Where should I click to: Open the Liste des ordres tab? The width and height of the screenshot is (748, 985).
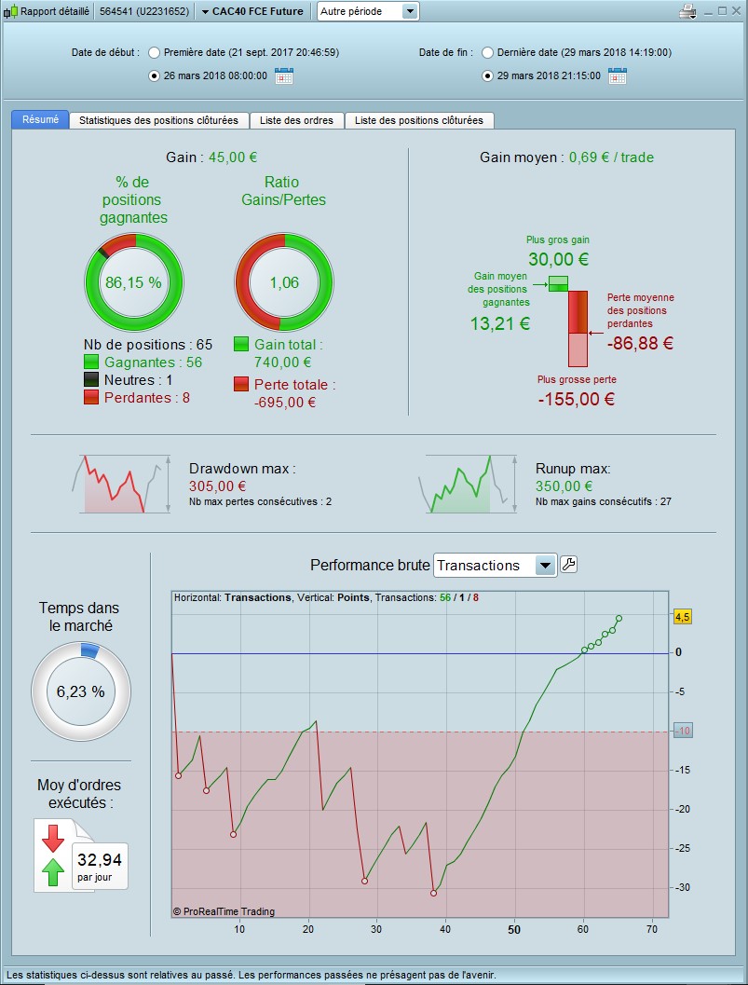click(x=297, y=120)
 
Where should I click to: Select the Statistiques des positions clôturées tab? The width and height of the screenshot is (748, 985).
click(x=159, y=120)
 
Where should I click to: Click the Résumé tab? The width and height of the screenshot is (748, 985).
click(x=40, y=120)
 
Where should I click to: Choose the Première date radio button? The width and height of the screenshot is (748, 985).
click(x=155, y=53)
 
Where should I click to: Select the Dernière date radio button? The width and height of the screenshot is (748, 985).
click(x=487, y=53)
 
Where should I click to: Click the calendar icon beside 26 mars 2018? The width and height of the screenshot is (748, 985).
click(x=284, y=76)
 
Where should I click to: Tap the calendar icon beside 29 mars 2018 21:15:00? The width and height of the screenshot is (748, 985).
click(x=617, y=76)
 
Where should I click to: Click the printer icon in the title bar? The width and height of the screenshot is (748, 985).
click(x=688, y=12)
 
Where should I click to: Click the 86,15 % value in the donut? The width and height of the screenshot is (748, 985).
click(x=133, y=282)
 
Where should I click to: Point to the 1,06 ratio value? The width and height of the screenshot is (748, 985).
click(x=284, y=282)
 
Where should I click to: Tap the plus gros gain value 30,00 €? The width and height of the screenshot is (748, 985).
click(x=558, y=259)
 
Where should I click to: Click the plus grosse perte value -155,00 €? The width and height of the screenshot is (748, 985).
click(x=576, y=399)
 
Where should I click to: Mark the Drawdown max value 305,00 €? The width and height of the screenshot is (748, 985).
click(x=217, y=486)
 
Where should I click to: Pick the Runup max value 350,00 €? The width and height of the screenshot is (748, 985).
click(x=564, y=486)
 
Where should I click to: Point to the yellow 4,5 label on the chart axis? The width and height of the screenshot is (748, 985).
click(x=682, y=617)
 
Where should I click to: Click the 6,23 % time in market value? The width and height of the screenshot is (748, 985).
click(x=80, y=692)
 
